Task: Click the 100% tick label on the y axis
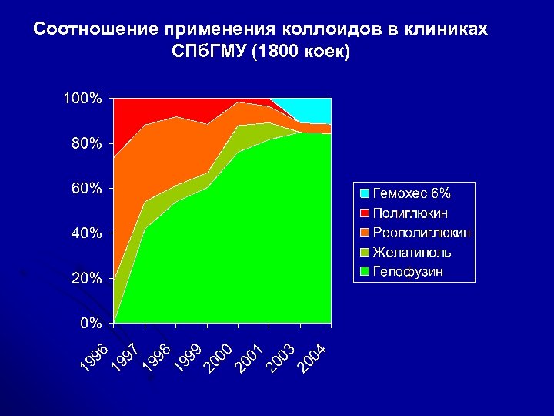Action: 82,99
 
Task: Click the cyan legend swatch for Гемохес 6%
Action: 364,193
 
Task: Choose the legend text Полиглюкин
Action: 412,212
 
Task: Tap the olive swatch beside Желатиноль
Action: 364,252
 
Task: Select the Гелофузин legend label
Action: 408,271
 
